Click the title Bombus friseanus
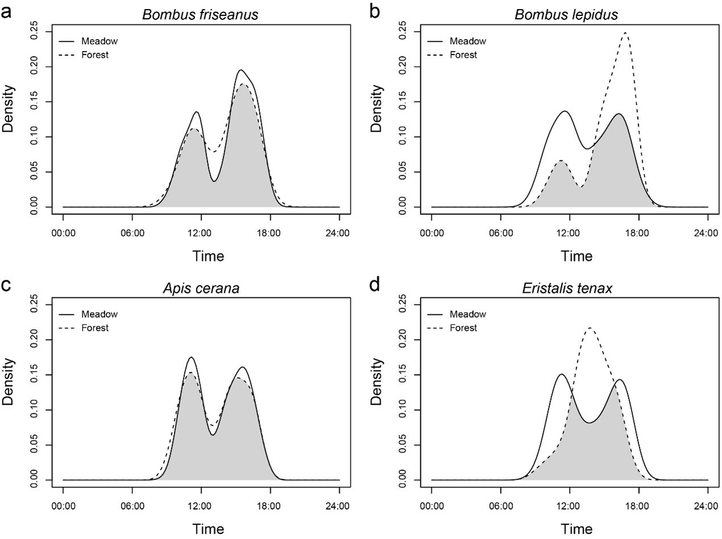click(x=200, y=15)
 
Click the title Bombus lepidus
click(x=566, y=15)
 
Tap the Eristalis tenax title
click(x=567, y=288)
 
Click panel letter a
click(x=7, y=11)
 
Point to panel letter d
click(x=375, y=284)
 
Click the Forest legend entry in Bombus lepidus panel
click(x=463, y=55)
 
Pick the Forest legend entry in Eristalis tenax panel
click(x=463, y=328)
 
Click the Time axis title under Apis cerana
click(x=208, y=529)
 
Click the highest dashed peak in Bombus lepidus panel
click(x=625, y=32)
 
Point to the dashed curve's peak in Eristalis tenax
click(x=590, y=327)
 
